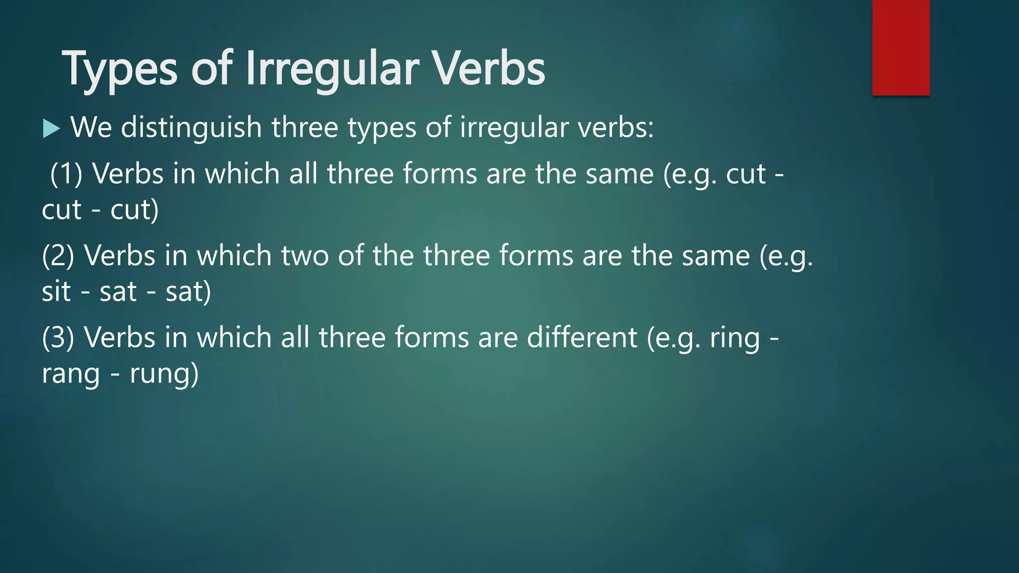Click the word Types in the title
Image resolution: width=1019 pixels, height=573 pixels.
click(x=119, y=70)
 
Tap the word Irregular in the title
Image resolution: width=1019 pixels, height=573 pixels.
click(x=332, y=70)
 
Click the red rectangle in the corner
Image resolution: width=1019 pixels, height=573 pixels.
click(x=901, y=47)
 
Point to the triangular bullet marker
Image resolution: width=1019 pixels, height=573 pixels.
click(x=51, y=128)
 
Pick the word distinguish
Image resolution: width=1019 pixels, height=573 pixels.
click(x=191, y=127)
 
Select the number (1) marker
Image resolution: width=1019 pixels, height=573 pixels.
click(x=66, y=174)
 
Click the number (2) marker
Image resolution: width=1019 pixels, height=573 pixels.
click(x=58, y=256)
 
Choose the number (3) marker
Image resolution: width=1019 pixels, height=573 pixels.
click(x=58, y=338)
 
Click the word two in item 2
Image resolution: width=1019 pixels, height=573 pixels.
click(x=305, y=256)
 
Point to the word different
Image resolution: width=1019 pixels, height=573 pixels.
click(x=582, y=338)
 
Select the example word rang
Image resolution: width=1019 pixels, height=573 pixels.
click(x=71, y=374)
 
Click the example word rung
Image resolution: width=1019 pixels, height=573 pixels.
click(x=159, y=374)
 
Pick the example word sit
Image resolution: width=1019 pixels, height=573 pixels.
click(x=56, y=291)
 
